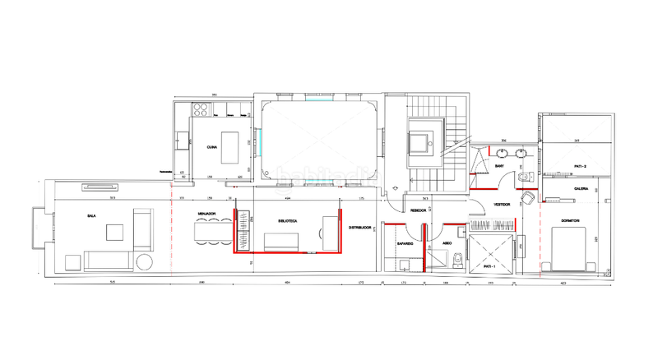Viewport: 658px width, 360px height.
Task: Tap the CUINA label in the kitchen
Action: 211,147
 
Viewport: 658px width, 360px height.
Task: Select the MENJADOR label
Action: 206,214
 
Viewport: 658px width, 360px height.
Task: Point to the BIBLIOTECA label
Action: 287,222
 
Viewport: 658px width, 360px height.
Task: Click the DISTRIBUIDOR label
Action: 361,227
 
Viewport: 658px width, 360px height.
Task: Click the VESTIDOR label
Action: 502,205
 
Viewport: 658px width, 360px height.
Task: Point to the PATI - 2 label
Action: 580,166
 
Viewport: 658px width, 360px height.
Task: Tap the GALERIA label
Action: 581,188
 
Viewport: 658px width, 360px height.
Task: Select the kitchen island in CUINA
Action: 230,146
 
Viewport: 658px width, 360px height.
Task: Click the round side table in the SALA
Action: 145,262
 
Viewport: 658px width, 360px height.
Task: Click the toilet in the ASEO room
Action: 457,261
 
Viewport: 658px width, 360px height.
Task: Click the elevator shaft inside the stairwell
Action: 424,143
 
